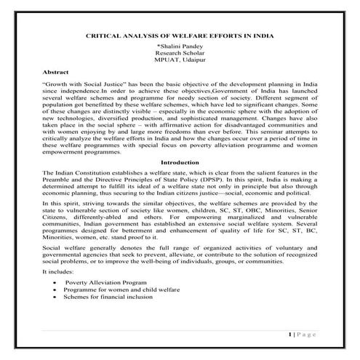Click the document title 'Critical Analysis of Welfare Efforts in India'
coord(179,34)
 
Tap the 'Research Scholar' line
coord(179,53)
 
